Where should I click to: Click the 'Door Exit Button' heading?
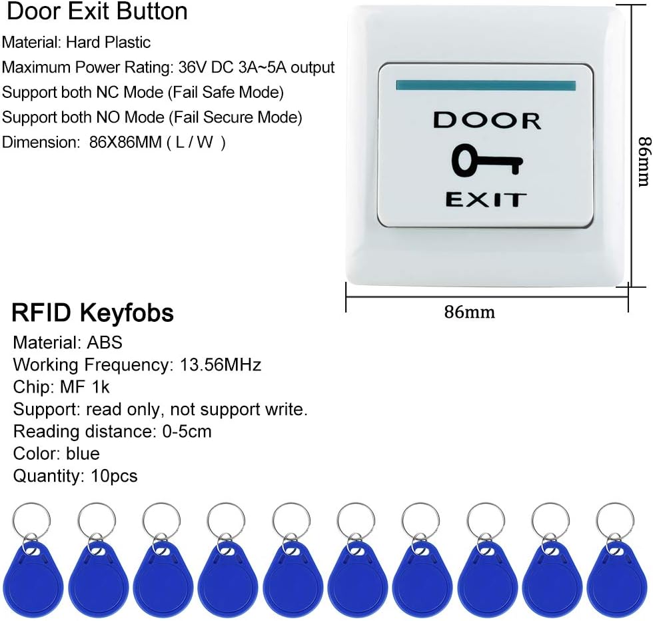coord(97,11)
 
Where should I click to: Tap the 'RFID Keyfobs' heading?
coord(93,312)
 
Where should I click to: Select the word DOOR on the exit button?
coord(487,121)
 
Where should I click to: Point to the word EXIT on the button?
coord(486,199)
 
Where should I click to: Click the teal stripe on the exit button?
coord(486,85)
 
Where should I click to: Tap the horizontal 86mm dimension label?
coord(469,312)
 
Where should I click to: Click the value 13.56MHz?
coord(221,364)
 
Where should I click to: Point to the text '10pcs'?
coord(114,476)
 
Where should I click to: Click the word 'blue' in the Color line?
coord(83,453)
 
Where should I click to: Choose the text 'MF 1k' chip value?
coord(85,387)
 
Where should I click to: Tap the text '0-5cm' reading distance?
coord(187,431)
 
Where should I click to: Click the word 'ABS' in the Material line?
coord(105,342)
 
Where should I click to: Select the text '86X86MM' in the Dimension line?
coord(125,142)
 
